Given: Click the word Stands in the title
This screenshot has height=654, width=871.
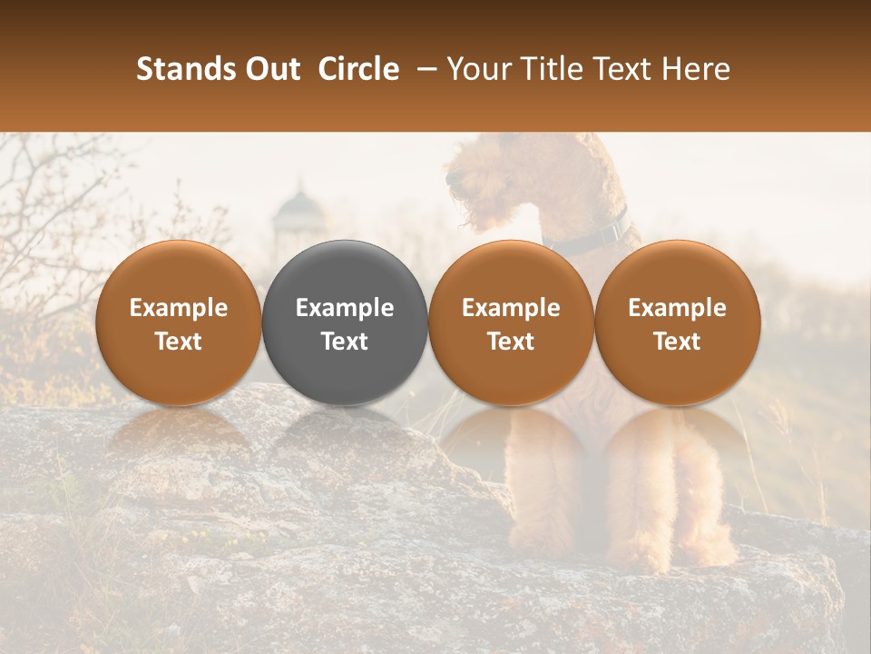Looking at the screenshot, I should [185, 69].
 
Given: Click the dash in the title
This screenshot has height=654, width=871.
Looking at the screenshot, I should [424, 69].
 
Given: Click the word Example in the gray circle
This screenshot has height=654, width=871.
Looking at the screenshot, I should [345, 308].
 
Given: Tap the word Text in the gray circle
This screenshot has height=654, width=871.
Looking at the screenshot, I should [345, 342].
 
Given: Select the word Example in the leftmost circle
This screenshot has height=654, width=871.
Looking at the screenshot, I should [179, 308].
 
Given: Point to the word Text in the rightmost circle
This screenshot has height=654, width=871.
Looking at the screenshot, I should [678, 342].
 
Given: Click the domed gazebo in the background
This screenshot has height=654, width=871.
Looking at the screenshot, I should [299, 218].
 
